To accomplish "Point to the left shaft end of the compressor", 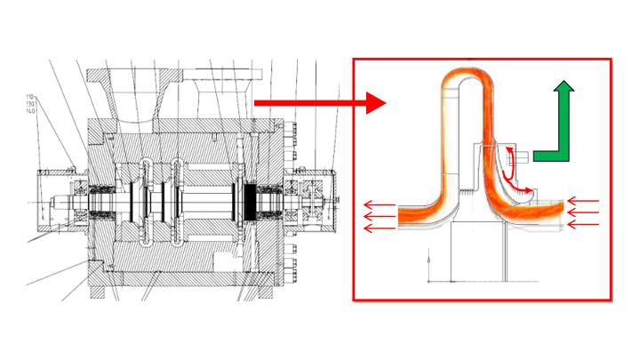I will pyautogui.click(x=59, y=202).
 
